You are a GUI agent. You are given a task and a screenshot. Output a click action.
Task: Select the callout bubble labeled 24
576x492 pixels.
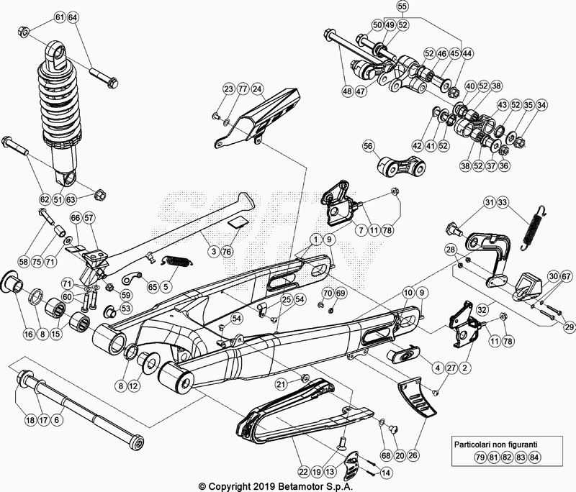pos(258,89)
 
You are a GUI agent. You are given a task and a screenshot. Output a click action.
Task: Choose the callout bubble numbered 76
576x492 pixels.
pos(227,251)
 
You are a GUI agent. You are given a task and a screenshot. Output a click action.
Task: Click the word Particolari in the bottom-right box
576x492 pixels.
pos(474,444)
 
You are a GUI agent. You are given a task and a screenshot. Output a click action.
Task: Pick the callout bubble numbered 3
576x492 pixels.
pos(213,251)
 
